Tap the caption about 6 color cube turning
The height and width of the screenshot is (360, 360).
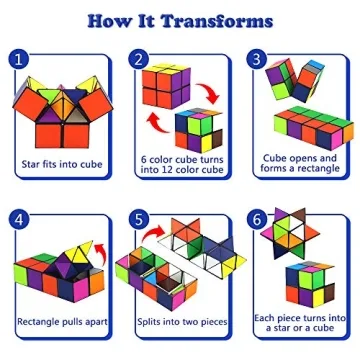(x=180, y=163)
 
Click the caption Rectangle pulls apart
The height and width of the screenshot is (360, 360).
(x=62, y=321)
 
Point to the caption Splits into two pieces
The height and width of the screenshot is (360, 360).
(x=180, y=321)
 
